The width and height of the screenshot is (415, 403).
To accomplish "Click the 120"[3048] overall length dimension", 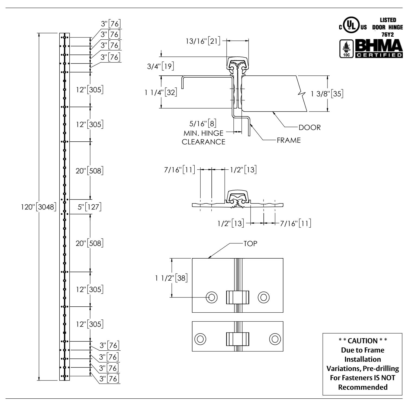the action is (38, 207).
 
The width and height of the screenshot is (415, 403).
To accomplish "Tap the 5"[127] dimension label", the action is (89, 207).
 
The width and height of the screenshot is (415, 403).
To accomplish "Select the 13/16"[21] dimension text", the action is (202, 42).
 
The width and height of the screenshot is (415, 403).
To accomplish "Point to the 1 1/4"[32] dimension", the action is (161, 92).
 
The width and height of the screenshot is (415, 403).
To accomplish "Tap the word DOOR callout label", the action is (309, 127).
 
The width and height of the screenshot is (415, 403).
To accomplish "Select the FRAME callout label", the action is (289, 140).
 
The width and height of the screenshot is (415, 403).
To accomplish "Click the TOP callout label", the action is (250, 243).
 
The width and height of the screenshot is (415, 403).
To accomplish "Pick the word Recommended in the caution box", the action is (362, 387).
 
